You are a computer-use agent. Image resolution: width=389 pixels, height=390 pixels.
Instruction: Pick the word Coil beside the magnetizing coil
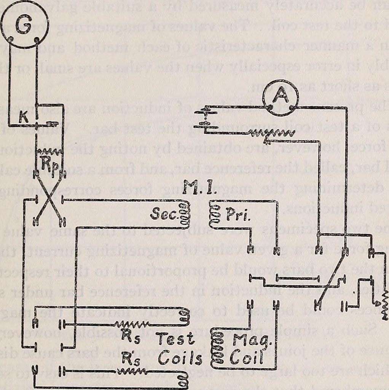coord(247,358)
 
